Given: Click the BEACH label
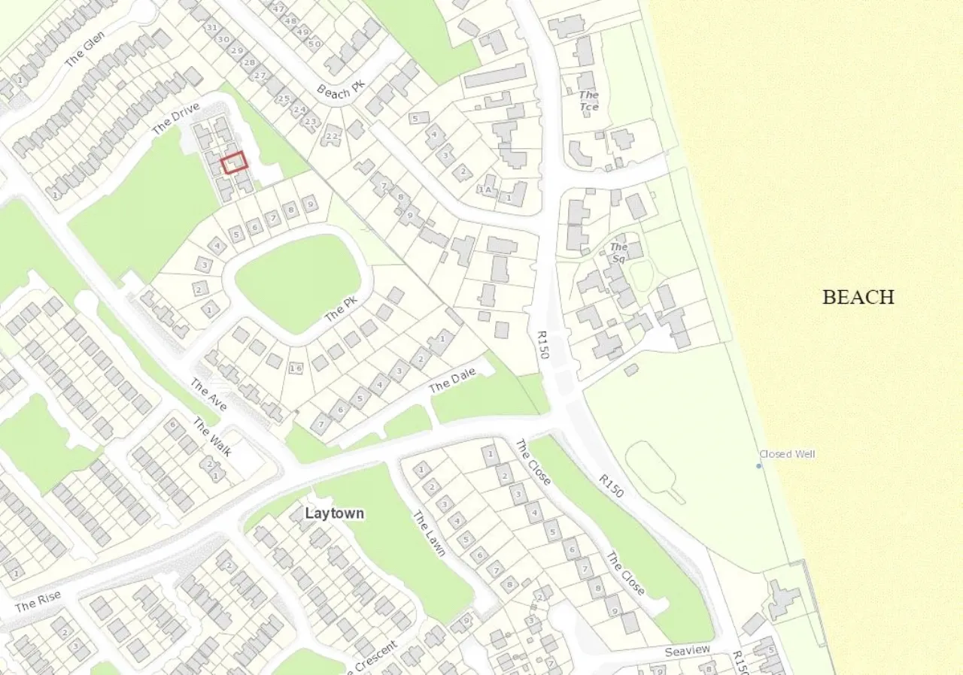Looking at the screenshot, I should [x=858, y=297].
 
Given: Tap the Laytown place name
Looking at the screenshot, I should [x=335, y=513].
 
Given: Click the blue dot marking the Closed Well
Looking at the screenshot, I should [x=758, y=466].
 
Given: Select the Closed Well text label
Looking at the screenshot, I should [x=787, y=454].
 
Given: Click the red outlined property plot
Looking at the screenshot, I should [x=235, y=162].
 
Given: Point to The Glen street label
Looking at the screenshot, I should [x=84, y=50].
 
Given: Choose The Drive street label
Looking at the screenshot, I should [x=175, y=120].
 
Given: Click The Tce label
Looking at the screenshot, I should [x=589, y=101].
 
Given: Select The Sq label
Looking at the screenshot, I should [x=619, y=253].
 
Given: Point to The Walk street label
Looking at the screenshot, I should [x=212, y=437].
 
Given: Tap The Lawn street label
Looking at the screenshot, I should [x=430, y=534].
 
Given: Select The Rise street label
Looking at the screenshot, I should [x=38, y=602].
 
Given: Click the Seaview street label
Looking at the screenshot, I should [x=688, y=651].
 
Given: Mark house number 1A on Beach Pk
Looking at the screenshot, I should [x=487, y=189].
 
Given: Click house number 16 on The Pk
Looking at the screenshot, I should [x=296, y=368].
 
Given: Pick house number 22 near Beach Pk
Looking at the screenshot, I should [x=331, y=137].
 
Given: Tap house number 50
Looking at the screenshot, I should [x=314, y=43].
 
